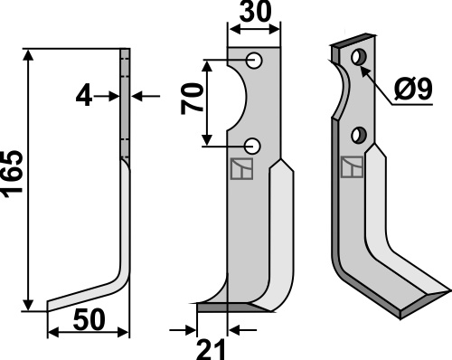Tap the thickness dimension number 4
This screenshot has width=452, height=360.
[x=84, y=97]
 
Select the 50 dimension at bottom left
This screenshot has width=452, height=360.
[x=89, y=319]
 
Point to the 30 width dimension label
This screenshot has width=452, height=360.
[x=256, y=12]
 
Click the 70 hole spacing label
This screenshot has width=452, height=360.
[x=192, y=99]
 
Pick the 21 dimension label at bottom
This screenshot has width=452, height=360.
[x=211, y=349]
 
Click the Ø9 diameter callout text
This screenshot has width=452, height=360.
[x=413, y=89]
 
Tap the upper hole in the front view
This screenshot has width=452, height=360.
[x=254, y=61]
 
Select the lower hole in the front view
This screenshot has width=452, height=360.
[x=252, y=147]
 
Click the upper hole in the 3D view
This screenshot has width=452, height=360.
[x=359, y=57]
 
